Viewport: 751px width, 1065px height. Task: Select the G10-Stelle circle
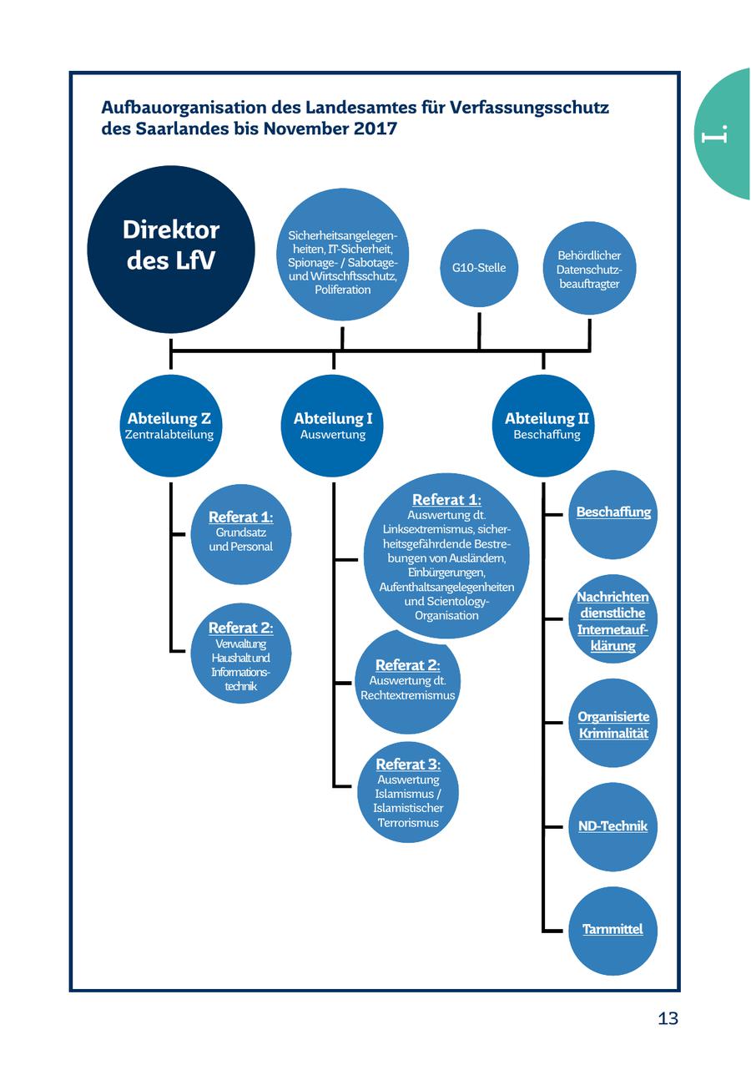coord(479,268)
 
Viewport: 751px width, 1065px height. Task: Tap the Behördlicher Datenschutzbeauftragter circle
coord(589,269)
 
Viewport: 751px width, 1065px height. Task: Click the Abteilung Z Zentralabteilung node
coord(171,426)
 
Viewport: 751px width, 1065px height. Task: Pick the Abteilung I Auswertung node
coord(333,426)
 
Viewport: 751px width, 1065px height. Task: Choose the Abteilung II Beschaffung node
coord(544,426)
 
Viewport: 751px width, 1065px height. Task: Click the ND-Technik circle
coord(612,826)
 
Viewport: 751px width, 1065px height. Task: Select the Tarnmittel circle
coord(612,930)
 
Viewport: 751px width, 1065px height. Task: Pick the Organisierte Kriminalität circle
coord(612,724)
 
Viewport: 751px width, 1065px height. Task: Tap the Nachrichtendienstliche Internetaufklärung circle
coord(612,619)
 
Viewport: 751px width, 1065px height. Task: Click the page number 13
coord(668,1018)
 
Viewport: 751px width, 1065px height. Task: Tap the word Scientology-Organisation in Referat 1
coord(446,608)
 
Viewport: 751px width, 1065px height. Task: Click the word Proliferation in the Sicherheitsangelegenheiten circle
coord(342,290)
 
